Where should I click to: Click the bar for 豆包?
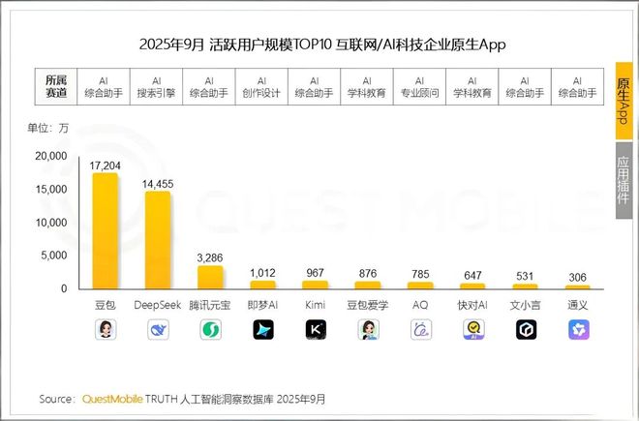tap(105, 231)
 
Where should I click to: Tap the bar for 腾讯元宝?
tap(210, 277)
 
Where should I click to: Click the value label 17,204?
tap(105, 166)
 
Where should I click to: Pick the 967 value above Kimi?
tap(316, 274)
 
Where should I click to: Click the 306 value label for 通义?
tap(578, 278)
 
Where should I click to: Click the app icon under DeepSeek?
tap(158, 330)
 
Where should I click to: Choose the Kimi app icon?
tap(316, 330)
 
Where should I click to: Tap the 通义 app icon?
tap(578, 330)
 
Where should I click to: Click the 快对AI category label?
tap(472, 305)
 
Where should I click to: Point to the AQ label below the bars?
tap(420, 305)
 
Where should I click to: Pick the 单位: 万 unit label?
tap(47, 127)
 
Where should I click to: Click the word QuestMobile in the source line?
tap(117, 399)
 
